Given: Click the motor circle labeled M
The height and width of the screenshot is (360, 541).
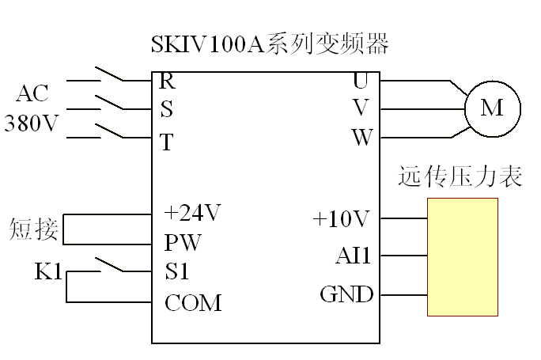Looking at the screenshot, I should pos(492,108).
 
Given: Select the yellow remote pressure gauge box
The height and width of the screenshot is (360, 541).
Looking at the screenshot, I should pos(463,257).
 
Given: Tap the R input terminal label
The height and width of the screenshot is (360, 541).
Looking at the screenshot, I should pos(167,80).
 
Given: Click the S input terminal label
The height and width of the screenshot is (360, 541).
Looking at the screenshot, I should pos(166,109).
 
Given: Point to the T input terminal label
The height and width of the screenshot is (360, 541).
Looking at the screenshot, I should pos(166,142).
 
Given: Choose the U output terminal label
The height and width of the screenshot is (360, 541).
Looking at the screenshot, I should pos(361,80).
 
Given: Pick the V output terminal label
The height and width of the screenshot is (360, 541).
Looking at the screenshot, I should pos(361,108).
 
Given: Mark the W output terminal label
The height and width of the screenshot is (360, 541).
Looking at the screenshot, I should pos(361,138).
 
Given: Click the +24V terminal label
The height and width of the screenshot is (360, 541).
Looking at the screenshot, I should pos(191,214).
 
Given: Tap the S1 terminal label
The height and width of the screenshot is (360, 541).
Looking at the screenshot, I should pos(177,272).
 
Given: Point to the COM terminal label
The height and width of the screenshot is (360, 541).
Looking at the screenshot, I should pos(193,303).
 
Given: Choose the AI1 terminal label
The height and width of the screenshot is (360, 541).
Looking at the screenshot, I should pos(354,256).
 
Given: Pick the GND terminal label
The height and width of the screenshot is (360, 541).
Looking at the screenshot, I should pos(346,295).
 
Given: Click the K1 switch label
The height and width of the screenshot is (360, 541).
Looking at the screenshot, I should pos(49,272).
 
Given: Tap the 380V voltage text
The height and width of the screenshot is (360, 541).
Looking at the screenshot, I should pos(32,124).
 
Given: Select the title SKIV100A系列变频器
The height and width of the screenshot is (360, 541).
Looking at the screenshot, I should pos(270,44).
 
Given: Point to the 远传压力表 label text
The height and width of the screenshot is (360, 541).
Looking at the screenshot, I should pos(460,176).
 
